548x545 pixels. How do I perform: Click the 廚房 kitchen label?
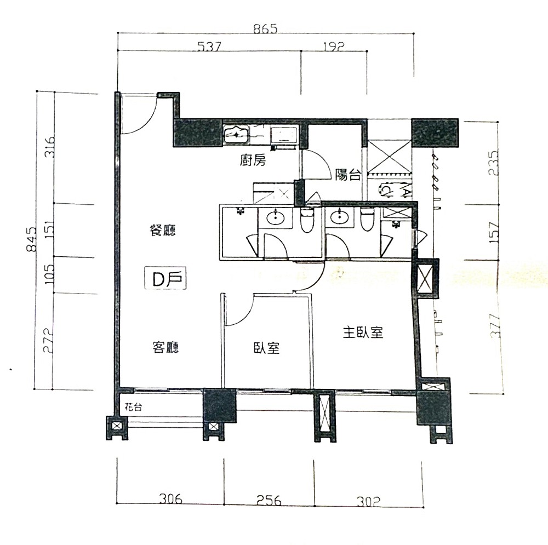[x=253, y=160]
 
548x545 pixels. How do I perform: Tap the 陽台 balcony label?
[x=348, y=175]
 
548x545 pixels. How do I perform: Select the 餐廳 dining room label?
[x=163, y=230]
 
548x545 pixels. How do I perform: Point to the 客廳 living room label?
[x=165, y=347]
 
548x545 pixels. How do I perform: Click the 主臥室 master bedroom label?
[x=363, y=332]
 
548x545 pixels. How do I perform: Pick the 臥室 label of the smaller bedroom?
[x=266, y=348]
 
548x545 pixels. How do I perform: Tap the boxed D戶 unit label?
[x=165, y=278]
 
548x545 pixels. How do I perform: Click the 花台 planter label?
[x=133, y=408]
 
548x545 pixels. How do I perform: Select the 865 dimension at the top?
[x=265, y=28]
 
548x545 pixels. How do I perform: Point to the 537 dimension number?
[x=209, y=47]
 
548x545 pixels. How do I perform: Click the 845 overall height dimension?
[x=31, y=239]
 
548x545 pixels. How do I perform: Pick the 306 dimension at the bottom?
[x=171, y=499]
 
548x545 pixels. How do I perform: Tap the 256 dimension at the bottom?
[x=269, y=500]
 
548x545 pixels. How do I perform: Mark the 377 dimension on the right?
[x=495, y=325]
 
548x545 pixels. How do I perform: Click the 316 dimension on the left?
[x=50, y=147]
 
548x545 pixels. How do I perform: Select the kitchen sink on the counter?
[x=236, y=135]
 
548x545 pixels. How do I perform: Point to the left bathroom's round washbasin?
[x=276, y=218]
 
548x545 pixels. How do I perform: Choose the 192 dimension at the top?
[x=334, y=47]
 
